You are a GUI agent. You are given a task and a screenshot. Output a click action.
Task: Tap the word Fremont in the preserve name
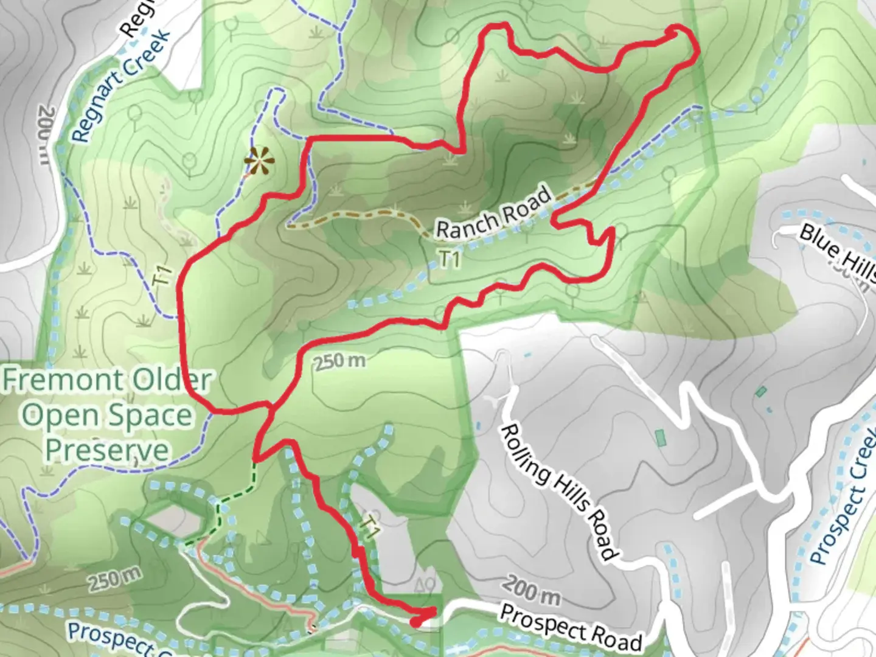coord(61,380)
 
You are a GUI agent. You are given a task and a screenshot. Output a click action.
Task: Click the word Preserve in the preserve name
coord(107,450)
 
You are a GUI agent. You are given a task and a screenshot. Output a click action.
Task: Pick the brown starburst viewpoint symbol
coord(259,161)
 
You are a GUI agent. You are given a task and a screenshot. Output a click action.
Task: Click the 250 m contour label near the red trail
coord(340,361)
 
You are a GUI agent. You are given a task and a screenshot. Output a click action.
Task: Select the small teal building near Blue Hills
coord(760,391)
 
